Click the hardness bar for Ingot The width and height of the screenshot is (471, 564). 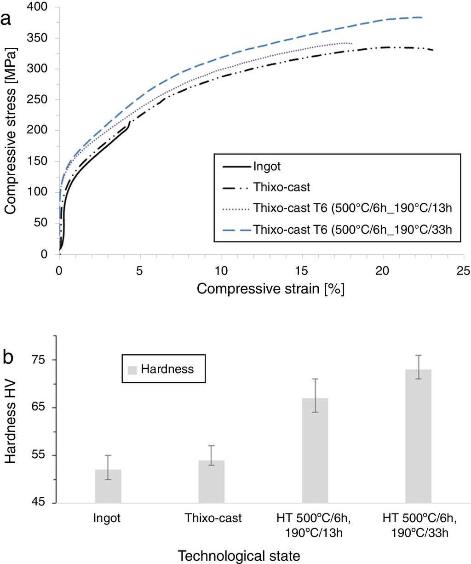tap(108, 486)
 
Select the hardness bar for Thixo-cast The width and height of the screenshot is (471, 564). tap(212, 481)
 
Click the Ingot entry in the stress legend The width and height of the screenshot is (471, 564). tap(267, 166)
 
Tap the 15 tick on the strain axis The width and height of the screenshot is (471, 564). tap(302, 271)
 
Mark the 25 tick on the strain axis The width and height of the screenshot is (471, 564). tap(464, 271)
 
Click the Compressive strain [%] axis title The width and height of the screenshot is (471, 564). tap(271, 289)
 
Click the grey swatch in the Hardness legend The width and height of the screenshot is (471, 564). tap(132, 369)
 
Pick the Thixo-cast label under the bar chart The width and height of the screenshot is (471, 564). tap(213, 518)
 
